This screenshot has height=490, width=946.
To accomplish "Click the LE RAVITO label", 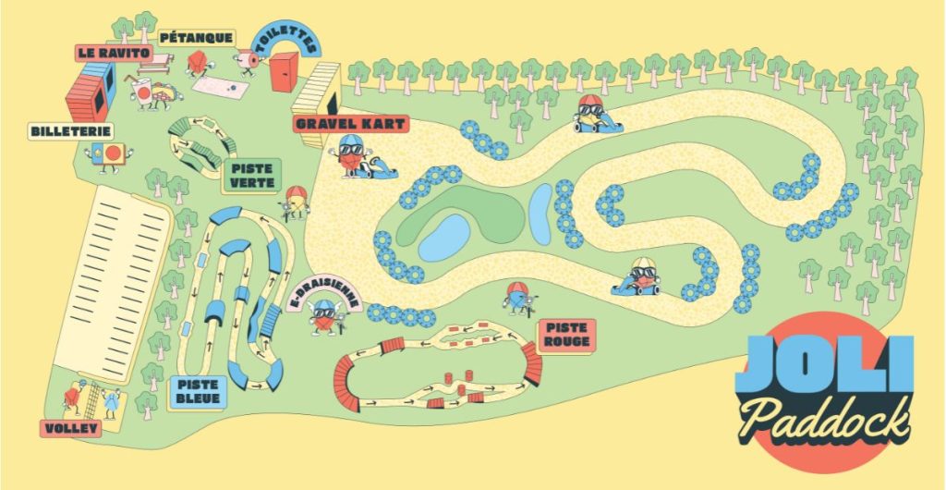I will point(113,54).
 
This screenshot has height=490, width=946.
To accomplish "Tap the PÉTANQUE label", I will point(196,38).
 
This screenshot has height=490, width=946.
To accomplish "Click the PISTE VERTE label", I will point(250,175).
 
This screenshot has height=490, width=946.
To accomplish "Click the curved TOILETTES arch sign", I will point(286,38).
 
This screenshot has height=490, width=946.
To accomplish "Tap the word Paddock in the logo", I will point(825,417).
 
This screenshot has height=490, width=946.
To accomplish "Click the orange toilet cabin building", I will point(285,72).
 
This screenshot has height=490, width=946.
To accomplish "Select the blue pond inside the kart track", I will point(444,237).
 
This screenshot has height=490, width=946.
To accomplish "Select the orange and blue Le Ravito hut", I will point(90,89).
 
